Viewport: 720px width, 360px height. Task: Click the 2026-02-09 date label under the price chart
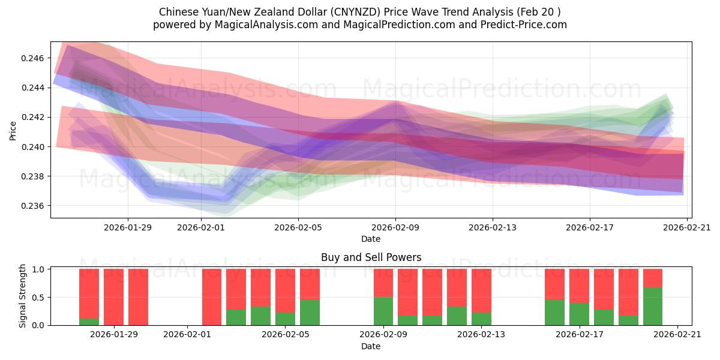395,227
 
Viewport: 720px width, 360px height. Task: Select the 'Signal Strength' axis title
23,296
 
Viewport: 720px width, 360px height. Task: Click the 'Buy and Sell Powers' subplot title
371,257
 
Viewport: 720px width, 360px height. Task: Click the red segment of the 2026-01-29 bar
113,297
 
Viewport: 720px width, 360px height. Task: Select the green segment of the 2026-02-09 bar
383,311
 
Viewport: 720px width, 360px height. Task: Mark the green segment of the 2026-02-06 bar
310,312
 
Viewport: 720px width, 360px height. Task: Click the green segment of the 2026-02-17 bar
579,314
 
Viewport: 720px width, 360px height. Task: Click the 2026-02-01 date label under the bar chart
187,334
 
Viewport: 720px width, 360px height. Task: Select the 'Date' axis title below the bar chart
371,346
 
